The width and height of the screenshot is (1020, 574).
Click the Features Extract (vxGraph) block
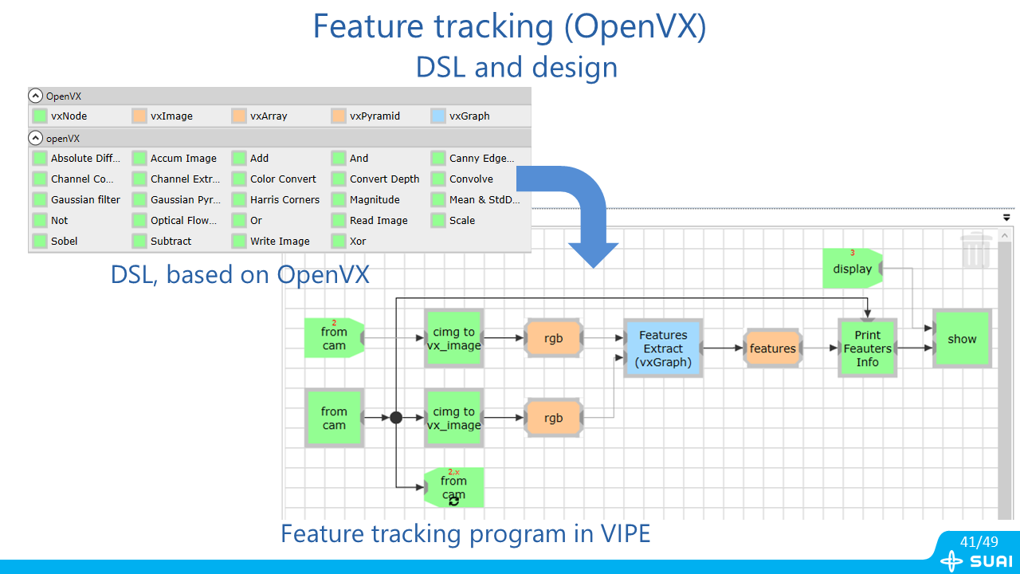tap(663, 348)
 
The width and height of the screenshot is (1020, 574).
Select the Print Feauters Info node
tap(867, 348)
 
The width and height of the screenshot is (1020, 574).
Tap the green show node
tap(962, 339)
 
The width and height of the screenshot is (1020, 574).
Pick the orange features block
tap(772, 348)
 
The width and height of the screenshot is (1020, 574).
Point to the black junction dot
tap(396, 417)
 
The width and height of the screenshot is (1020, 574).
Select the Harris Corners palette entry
tap(284, 200)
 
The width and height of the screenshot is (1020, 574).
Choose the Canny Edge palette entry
tap(481, 159)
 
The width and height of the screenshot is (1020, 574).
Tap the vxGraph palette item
tap(469, 116)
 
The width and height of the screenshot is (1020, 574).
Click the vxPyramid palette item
tap(374, 116)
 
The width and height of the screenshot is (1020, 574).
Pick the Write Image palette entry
tap(279, 242)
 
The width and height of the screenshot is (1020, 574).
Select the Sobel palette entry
tap(64, 242)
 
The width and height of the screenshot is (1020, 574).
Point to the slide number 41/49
tap(979, 542)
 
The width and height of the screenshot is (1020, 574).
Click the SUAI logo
tap(977, 561)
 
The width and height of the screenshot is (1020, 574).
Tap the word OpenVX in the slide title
tap(635, 26)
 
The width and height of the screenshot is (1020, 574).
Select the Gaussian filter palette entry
tap(84, 200)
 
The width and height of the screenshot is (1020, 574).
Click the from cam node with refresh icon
tap(453, 487)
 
